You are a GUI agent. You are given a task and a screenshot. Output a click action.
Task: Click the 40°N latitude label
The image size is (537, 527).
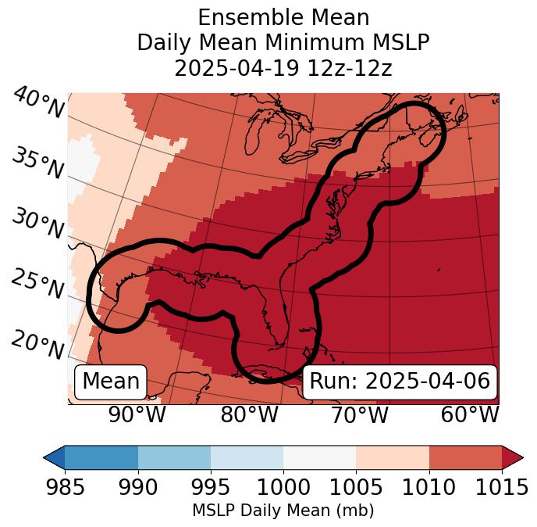(x=37, y=103)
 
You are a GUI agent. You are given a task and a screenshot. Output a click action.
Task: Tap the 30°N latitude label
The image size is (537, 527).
(x=37, y=224)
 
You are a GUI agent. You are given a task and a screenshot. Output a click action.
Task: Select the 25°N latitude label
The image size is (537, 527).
(x=37, y=285)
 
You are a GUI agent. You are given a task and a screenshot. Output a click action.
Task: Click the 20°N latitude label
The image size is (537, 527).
(x=37, y=344)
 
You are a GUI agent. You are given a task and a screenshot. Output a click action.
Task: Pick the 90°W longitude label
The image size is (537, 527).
(x=137, y=415)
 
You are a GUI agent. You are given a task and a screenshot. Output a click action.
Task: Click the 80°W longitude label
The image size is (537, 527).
(x=249, y=415)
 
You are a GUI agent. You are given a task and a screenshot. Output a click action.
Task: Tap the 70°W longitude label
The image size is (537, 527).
(x=359, y=415)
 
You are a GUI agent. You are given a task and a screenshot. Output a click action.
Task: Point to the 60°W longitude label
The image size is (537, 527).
(x=470, y=415)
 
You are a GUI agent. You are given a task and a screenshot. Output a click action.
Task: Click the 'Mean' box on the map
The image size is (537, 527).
(x=111, y=382)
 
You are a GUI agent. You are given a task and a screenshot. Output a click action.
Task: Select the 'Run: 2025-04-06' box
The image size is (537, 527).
(x=400, y=382)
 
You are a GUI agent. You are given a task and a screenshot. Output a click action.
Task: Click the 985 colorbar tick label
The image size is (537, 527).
(x=65, y=487)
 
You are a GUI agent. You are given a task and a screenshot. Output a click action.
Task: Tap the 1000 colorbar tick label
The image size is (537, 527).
(x=283, y=487)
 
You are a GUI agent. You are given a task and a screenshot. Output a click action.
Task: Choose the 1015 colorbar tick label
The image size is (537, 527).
(x=501, y=487)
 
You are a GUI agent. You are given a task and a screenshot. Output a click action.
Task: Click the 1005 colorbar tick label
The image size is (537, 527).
(x=356, y=487)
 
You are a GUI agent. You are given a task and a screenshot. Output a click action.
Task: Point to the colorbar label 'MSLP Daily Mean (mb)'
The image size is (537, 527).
(x=283, y=511)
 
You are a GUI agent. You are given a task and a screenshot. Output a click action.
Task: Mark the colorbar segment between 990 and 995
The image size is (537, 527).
(x=174, y=457)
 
